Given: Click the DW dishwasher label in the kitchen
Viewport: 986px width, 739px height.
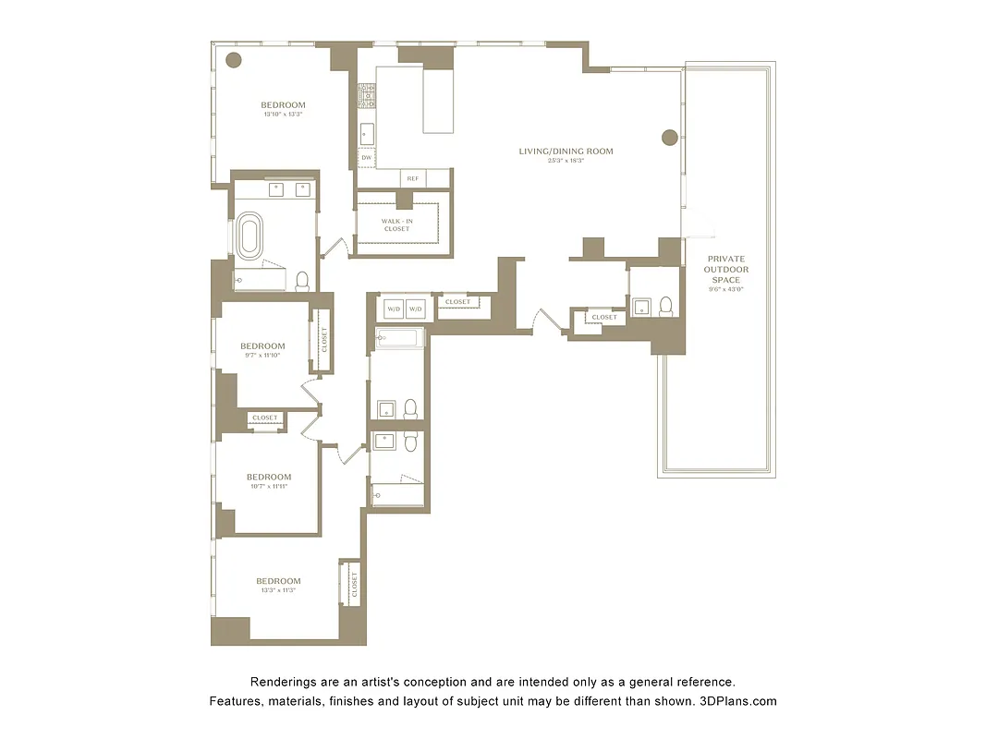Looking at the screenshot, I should (367, 158).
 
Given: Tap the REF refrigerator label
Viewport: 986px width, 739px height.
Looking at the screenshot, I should (412, 178).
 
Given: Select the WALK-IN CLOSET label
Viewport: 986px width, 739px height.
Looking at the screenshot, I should (403, 224).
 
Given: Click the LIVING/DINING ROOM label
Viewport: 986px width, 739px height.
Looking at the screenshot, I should (566, 151).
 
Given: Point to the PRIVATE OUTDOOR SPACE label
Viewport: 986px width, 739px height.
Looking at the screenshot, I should (725, 269).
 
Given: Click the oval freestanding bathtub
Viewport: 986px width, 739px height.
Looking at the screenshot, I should (250, 236).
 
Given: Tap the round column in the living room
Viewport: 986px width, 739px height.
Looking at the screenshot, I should (670, 138).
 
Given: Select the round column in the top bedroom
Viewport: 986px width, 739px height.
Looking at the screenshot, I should (234, 60).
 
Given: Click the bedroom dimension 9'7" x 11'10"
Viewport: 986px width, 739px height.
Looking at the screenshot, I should (261, 355).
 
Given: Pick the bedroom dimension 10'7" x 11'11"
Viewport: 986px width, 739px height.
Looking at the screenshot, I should (268, 486).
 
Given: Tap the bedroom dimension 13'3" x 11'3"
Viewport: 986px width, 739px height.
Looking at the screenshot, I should (278, 590).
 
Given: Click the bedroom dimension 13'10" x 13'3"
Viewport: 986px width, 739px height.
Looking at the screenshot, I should (283, 115).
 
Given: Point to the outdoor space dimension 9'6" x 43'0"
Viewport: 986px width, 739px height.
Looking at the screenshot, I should (725, 289).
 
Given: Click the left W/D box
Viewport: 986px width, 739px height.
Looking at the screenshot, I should (393, 309).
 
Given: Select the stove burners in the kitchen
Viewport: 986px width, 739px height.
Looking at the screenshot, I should (367, 93).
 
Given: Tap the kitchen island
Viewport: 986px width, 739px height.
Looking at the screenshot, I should (438, 102).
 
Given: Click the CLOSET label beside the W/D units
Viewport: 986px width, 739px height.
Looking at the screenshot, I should (457, 302).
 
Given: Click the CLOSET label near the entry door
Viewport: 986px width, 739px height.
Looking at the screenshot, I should (604, 317).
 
